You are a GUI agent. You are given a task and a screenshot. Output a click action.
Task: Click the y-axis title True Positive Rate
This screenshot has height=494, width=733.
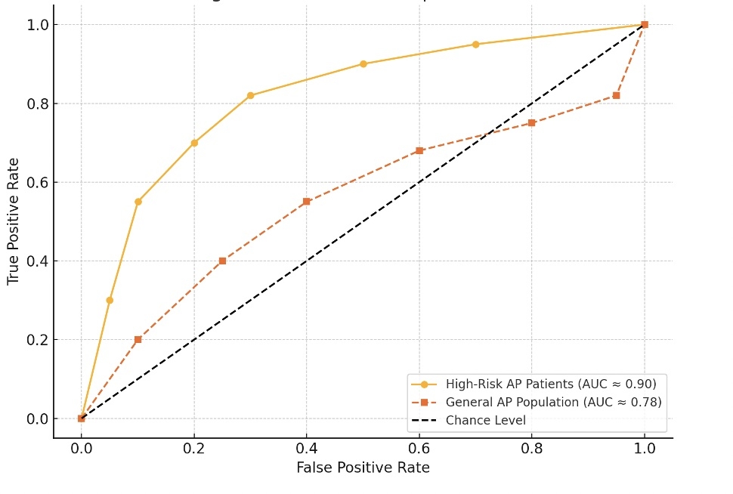point(13,221)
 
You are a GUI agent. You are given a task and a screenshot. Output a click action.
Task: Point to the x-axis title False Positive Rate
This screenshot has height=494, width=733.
point(363,468)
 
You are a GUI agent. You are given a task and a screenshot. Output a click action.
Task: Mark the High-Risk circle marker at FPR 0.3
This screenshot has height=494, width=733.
point(250,95)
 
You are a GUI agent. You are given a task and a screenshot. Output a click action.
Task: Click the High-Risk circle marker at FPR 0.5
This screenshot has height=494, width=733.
point(363,64)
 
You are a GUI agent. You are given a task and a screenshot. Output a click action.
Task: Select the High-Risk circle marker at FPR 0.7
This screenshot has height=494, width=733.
point(475,45)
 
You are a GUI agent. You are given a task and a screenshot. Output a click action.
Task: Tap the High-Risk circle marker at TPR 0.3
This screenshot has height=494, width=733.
point(110,300)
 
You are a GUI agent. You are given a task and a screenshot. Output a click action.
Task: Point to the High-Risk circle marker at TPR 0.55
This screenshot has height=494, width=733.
point(138,202)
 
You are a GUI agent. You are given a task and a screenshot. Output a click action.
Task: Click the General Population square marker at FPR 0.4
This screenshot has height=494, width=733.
point(306,202)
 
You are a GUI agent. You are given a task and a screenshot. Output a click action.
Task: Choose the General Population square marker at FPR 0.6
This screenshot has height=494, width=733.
point(419,150)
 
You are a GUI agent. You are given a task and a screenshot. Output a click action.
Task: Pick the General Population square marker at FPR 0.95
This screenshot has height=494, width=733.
point(617,95)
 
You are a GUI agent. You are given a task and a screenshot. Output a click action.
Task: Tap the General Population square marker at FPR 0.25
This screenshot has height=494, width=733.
point(222,261)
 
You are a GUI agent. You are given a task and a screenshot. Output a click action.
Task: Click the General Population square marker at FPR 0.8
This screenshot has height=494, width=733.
point(532,122)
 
